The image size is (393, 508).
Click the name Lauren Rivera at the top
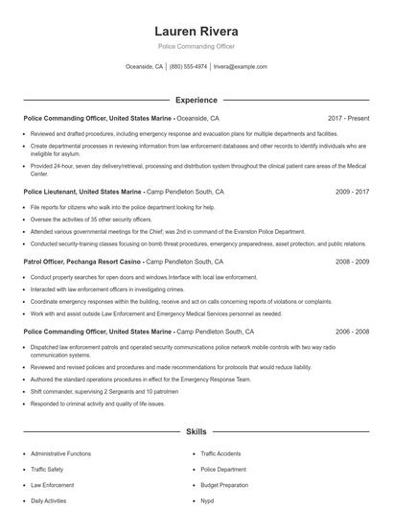(196, 31)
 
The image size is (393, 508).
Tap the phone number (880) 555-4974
(188, 67)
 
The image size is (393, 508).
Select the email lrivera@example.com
(240, 67)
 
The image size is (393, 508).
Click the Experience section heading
(196, 100)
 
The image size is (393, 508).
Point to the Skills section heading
(196, 432)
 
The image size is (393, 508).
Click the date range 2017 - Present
(347, 118)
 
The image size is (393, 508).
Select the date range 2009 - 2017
(352, 191)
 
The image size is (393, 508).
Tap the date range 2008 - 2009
(352, 261)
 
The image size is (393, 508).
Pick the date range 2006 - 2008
(352, 331)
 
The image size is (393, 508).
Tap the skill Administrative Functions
(61, 453)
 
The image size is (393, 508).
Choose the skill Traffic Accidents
(221, 453)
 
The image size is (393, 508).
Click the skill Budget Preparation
(224, 485)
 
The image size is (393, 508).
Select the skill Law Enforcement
(53, 485)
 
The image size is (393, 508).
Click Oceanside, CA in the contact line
(145, 67)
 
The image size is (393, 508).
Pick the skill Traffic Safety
(47, 470)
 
